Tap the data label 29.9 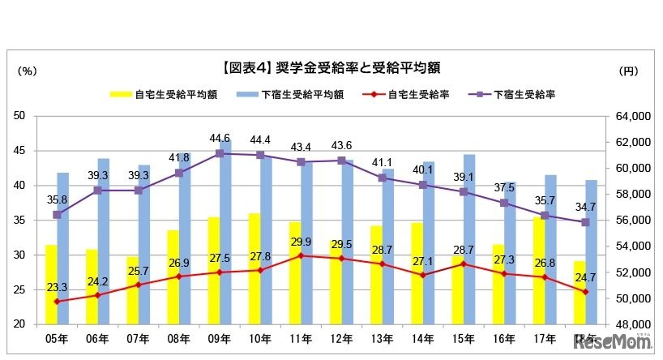tap(301, 242)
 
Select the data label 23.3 tap(57, 287)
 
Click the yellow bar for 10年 tap(254, 268)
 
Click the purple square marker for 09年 tap(220, 153)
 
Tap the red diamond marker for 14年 tap(423, 275)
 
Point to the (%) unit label tap(27, 71)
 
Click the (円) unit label tap(628, 71)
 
